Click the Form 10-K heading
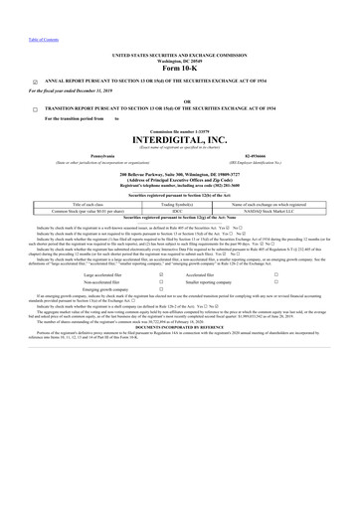pyautogui.click(x=179, y=69)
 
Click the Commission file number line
pyautogui.click(x=179, y=130)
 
